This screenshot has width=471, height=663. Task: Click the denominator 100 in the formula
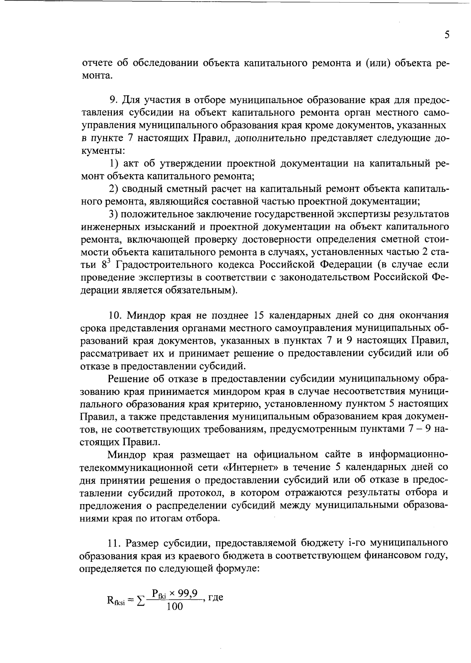click(x=174, y=607)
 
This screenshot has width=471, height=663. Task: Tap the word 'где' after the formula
click(x=215, y=599)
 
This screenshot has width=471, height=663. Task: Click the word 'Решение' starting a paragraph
click(x=126, y=379)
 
